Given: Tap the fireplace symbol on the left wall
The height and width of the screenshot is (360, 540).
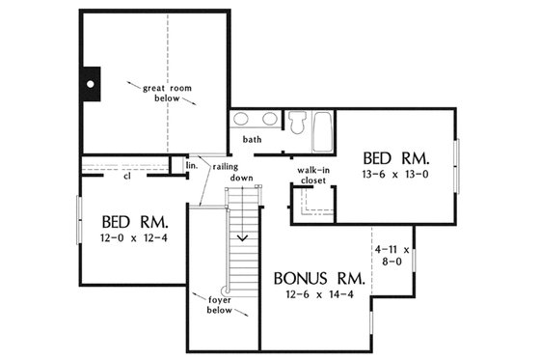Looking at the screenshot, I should [x=89, y=84].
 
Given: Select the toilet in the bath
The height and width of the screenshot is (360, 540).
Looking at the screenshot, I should [x=297, y=124].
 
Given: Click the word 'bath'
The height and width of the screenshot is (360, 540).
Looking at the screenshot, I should [x=253, y=140].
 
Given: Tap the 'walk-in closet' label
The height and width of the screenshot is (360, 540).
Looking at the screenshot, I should [x=313, y=175].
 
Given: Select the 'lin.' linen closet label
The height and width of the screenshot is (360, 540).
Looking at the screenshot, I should [x=190, y=165].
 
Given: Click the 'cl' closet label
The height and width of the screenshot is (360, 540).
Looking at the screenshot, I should [x=127, y=176].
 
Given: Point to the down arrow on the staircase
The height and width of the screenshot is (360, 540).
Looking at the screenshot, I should [x=244, y=235].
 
